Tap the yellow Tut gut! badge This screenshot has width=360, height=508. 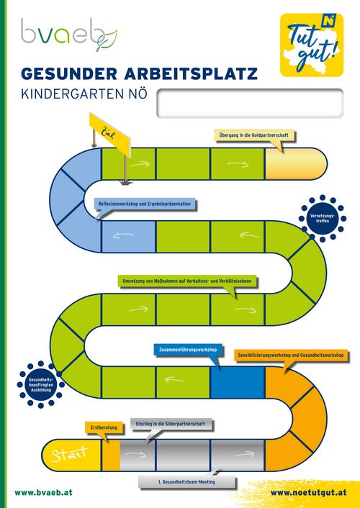pos(312,45)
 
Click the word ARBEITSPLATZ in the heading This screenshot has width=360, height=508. pos(191,73)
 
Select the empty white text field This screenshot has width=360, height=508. pos(250,104)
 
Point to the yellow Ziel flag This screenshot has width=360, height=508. pos(110,135)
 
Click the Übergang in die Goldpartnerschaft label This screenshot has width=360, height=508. pos(254,135)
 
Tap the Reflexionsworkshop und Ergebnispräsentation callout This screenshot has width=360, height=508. pos(145,204)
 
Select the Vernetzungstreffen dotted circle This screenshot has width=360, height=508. pos(323,219)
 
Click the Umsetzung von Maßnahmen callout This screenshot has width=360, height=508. pos(186,281)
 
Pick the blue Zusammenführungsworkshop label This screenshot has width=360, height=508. pos(188,350)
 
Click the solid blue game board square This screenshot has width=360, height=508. pos(238,382)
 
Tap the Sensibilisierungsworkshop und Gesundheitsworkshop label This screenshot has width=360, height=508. pos(291,355)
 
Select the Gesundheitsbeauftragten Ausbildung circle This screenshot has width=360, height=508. pos(41,384)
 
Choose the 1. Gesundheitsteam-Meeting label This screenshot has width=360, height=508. pos(186,482)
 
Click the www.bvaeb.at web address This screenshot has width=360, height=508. pos(43,493)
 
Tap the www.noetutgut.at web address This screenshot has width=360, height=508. pos(308,493)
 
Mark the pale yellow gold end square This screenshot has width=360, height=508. pos(296,163)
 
